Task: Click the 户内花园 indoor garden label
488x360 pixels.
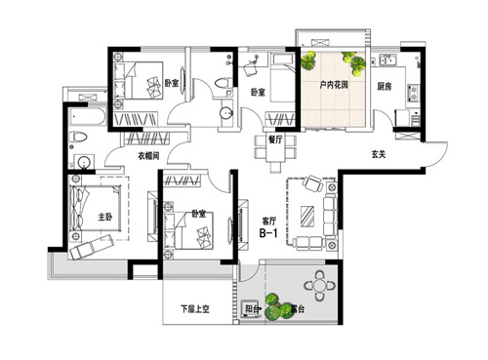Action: [x=334, y=85]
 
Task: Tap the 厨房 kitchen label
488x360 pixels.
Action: [x=385, y=87]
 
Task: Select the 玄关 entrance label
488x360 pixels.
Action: [x=379, y=154]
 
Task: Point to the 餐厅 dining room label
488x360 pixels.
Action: [x=275, y=140]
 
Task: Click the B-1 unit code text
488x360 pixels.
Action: [x=268, y=233]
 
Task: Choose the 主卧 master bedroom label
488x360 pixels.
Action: [x=105, y=217]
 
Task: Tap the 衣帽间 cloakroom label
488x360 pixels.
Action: [x=148, y=156]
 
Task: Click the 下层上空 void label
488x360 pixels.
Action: [x=195, y=308]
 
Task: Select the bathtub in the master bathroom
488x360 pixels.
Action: [x=87, y=117]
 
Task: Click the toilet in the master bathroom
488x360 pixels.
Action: [x=78, y=137]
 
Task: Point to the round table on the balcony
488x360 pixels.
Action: [x=319, y=286]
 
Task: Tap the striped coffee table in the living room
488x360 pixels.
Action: [x=307, y=216]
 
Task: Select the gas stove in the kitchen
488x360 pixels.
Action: [x=414, y=93]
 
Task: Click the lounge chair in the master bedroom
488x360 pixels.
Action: [x=92, y=247]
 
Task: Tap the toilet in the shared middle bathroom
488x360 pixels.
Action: [x=224, y=82]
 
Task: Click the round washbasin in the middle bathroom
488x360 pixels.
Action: [x=226, y=113]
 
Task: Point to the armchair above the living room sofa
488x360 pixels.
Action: [x=312, y=183]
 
